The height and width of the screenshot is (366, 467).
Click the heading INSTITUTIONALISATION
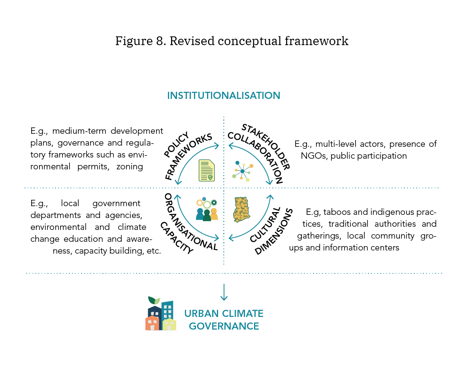click(x=224, y=95)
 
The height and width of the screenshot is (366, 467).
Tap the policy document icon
click(x=207, y=171)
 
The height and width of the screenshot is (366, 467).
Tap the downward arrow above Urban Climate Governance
click(x=224, y=292)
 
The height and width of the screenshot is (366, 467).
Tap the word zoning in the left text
click(x=130, y=167)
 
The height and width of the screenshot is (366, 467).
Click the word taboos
click(x=334, y=212)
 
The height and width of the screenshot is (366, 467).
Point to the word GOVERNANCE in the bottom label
click(x=223, y=326)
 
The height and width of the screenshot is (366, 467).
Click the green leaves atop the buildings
click(x=154, y=300)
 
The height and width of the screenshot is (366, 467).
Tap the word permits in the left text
click(x=95, y=167)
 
